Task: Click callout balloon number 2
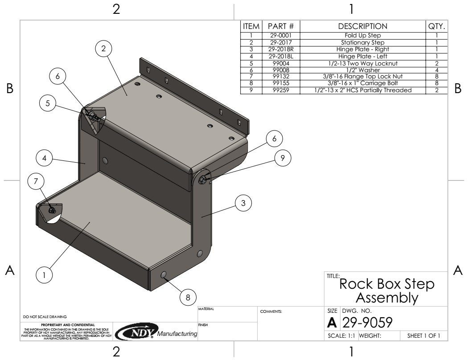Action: click(103, 49)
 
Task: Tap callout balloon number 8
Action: click(188, 297)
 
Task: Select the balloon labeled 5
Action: click(47, 103)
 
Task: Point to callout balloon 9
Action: click(283, 157)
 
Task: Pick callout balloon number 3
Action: click(243, 203)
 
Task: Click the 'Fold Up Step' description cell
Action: click(363, 35)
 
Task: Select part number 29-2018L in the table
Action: click(281, 57)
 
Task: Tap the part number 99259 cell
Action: click(281, 90)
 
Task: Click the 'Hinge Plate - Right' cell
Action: click(363, 49)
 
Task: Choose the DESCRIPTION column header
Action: click(363, 26)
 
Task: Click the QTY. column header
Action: click(437, 26)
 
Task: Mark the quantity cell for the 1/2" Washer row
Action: click(437, 70)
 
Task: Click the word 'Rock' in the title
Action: click(355, 284)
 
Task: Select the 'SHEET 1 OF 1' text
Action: click(423, 336)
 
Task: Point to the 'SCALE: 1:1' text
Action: click(341, 336)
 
